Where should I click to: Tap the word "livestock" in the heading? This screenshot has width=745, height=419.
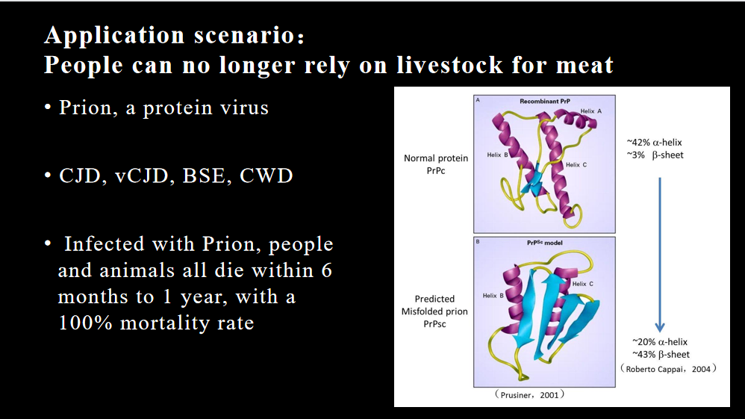pyautogui.click(x=449, y=65)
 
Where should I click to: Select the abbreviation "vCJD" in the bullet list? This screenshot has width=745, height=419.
pyautogui.click(x=142, y=176)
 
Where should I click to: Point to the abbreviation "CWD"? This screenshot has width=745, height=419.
pyautogui.click(x=266, y=176)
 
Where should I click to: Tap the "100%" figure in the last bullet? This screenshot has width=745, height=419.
pyautogui.click(x=86, y=323)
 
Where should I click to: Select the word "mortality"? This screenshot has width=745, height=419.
pyautogui.click(x=163, y=323)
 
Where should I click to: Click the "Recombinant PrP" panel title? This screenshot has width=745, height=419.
pyautogui.click(x=544, y=102)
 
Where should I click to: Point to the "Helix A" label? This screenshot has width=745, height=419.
pyautogui.click(x=590, y=111)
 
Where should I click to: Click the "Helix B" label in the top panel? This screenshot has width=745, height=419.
pyautogui.click(x=497, y=155)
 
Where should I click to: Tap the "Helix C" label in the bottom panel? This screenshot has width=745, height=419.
pyautogui.click(x=582, y=284)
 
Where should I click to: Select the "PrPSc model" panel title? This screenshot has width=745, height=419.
pyautogui.click(x=544, y=243)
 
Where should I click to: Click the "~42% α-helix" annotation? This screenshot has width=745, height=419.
pyautogui.click(x=654, y=142)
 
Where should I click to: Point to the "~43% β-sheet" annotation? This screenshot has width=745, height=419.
pyautogui.click(x=661, y=354)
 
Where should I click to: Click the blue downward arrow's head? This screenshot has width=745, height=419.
pyautogui.click(x=659, y=327)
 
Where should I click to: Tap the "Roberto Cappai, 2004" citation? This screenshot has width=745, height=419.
pyautogui.click(x=668, y=369)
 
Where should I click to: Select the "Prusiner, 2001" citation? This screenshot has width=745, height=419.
pyautogui.click(x=529, y=394)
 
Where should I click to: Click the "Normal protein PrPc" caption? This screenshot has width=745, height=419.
pyautogui.click(x=436, y=164)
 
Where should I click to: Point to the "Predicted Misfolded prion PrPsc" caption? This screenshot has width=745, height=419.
pyautogui.click(x=434, y=311)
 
